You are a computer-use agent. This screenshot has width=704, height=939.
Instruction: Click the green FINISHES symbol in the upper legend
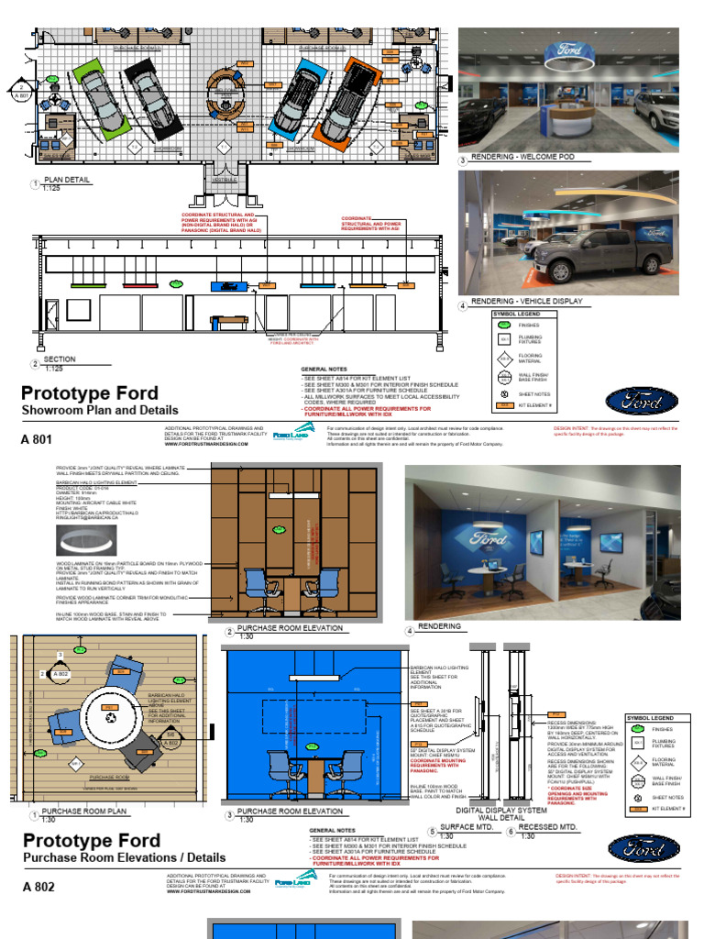504,325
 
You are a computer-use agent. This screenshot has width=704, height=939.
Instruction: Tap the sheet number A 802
38,887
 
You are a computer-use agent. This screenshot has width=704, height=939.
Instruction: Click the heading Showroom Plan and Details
100,410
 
